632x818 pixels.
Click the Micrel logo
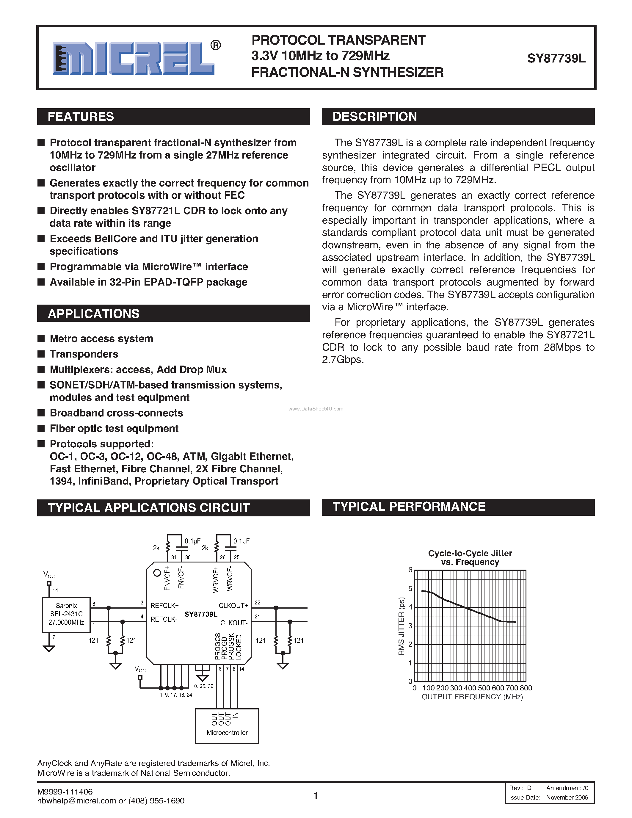tap(133, 58)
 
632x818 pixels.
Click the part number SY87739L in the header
tap(556, 58)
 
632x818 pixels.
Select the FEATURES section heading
tap(81, 117)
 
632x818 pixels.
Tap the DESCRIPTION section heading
tap(374, 117)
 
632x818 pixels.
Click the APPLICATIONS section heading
tap(94, 314)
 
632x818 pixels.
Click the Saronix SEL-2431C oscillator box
tap(66, 614)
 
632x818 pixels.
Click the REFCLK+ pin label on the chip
tap(164, 606)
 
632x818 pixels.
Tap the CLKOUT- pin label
tap(234, 623)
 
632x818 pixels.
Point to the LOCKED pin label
tap(239, 647)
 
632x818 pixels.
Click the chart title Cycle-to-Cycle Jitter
tap(470, 553)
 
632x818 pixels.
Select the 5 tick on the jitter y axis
tap(410, 588)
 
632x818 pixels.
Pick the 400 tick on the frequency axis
tap(470, 688)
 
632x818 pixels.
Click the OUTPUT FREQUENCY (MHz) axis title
tap(472, 697)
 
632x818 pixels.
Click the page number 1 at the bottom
tap(316, 795)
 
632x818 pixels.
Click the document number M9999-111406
tap(65, 792)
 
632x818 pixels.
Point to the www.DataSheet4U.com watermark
tap(316, 409)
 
